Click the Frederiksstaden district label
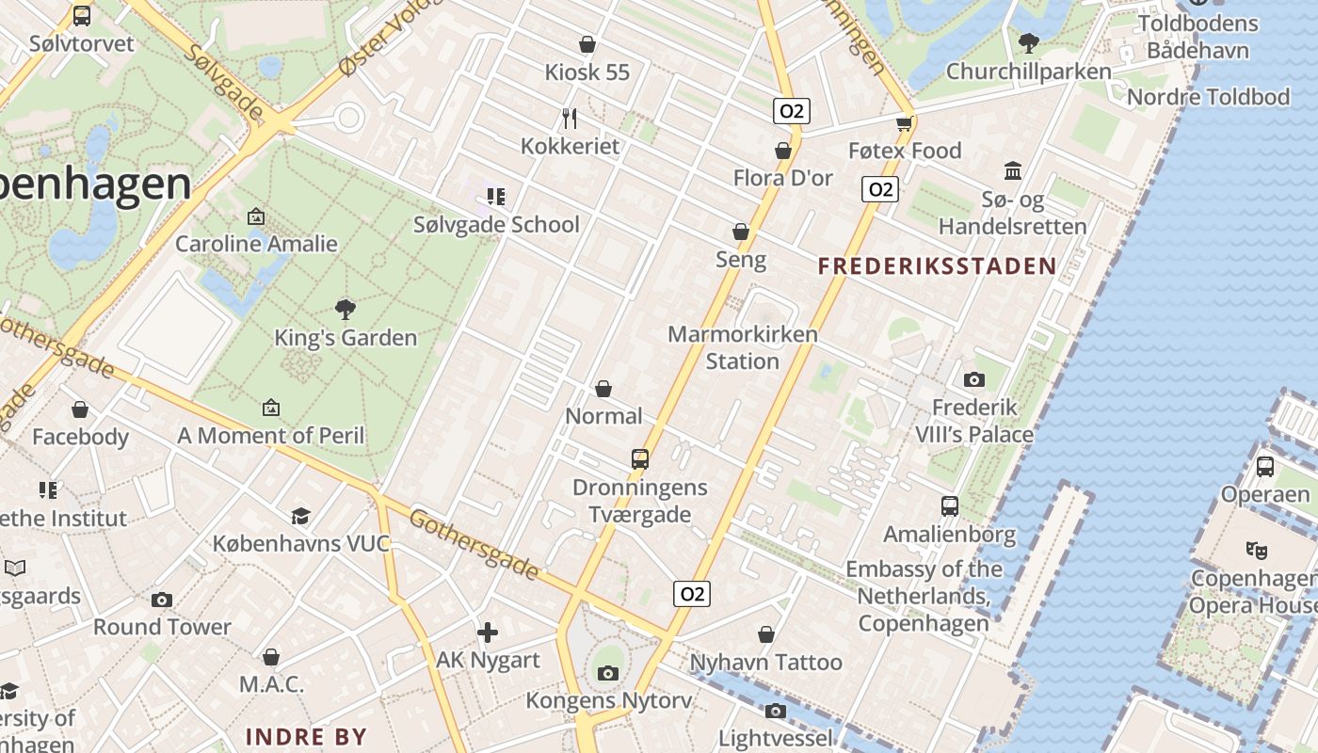tap(937, 266)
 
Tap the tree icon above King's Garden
tap(346, 309)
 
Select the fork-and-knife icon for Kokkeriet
tap(569, 118)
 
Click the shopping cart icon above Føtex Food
tap(905, 122)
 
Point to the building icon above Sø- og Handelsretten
tap(1013, 171)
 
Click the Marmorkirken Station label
tap(743, 347)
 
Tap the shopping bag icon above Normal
tap(603, 389)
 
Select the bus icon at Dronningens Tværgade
tap(640, 459)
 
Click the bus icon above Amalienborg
tap(949, 506)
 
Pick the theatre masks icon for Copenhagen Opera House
tap(1255, 550)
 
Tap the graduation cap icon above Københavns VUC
tap(300, 516)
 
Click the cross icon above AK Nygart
tap(488, 633)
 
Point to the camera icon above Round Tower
tap(162, 600)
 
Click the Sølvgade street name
tap(224, 80)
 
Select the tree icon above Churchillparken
tap(1029, 42)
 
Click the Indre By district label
tap(306, 736)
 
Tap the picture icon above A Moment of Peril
tap(271, 408)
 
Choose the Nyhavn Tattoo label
tap(766, 663)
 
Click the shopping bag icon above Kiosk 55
tap(587, 44)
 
